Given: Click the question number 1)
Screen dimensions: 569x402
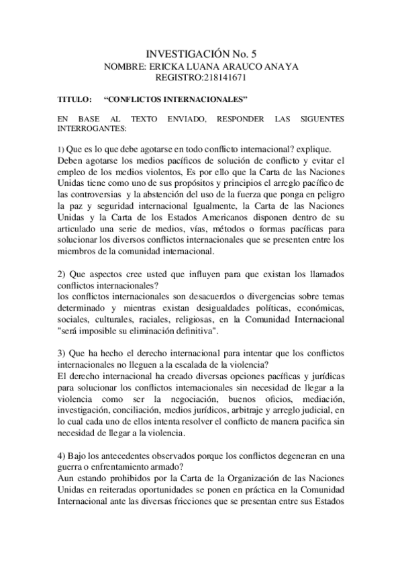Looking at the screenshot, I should (59, 149).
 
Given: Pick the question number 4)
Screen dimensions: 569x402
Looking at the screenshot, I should (62, 456).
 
